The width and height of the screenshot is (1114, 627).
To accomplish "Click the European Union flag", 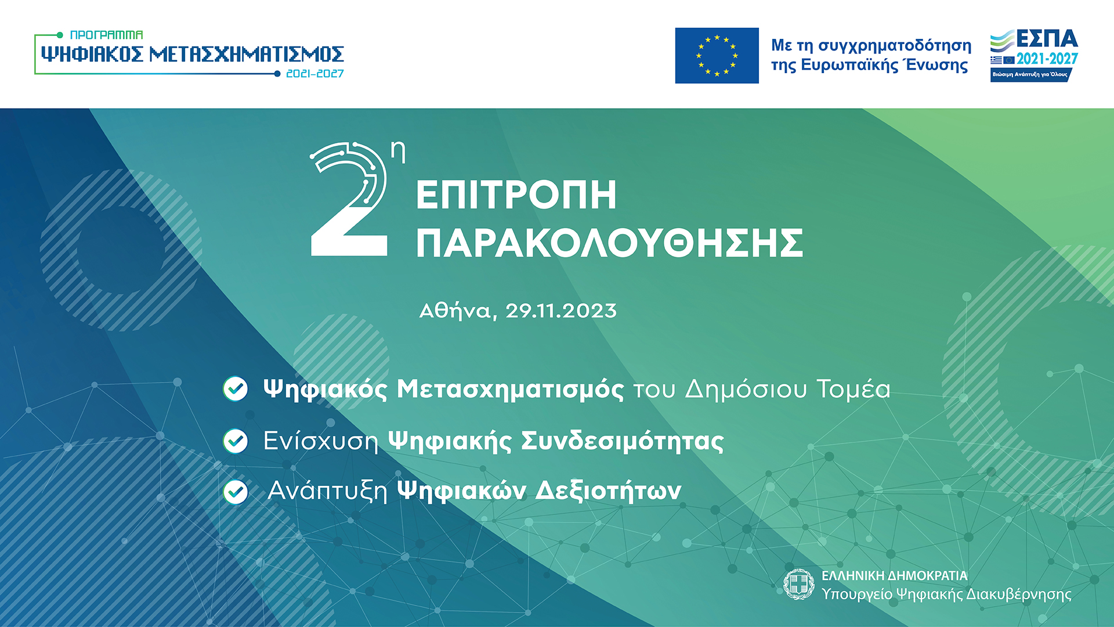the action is pos(717,56).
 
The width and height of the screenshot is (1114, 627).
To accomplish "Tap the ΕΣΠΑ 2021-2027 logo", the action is pos(1034,56).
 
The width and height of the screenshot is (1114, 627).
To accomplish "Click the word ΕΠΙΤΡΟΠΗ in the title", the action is pos(516,195).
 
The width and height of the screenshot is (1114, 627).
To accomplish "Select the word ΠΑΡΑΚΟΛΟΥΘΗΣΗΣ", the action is pos(610,243).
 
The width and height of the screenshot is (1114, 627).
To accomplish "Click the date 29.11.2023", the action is pos(561,311).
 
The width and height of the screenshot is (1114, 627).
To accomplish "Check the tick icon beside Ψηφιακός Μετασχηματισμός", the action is pos(236,389).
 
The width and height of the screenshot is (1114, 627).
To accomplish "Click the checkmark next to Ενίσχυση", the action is pos(236,441).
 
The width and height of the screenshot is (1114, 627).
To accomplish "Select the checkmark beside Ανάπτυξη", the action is pos(236,492).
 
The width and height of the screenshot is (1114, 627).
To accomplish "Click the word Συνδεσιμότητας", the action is pos(623,441).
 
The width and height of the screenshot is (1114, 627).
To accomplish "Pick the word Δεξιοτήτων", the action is pos(608,491).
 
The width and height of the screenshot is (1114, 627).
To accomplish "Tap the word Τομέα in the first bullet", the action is pos(853,389).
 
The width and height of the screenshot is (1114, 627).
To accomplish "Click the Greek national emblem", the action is pos(799,584).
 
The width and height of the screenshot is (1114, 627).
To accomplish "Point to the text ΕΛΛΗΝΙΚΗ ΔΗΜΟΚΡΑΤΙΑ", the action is pos(895,576).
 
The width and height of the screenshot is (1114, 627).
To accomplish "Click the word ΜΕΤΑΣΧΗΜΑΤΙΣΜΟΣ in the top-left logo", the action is pos(247,55).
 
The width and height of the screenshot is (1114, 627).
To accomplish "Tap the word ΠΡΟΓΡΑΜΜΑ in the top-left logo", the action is pos(106,35).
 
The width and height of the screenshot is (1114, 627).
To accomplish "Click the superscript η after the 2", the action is pos(398,152).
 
